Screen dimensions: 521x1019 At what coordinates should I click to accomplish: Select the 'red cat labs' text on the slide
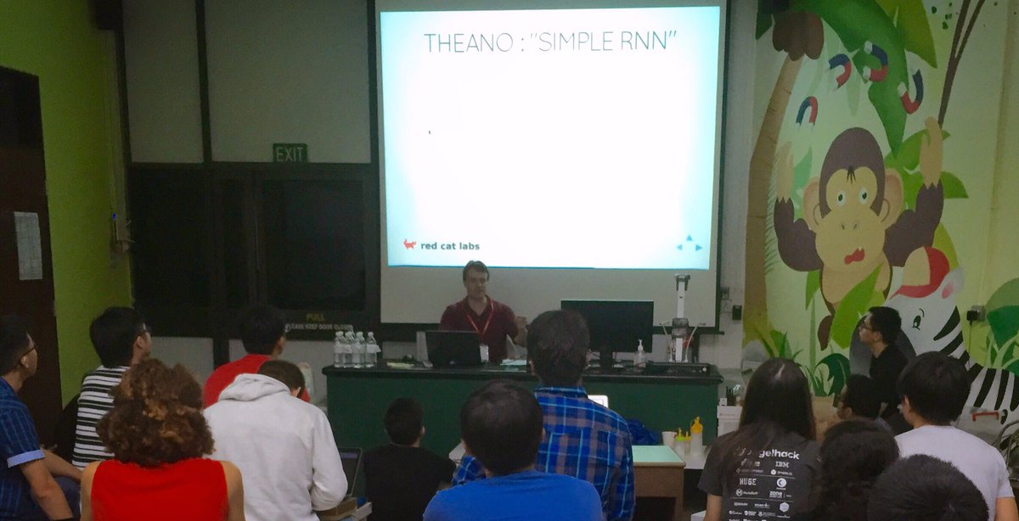point(449,246)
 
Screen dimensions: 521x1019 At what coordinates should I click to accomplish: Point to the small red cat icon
point(409,244)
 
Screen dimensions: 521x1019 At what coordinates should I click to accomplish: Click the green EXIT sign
point(290,153)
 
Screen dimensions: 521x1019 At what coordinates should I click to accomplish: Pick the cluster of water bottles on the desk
point(355,349)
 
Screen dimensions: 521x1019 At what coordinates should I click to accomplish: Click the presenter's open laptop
point(453,348)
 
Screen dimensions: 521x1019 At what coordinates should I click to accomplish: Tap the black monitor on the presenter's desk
point(606,327)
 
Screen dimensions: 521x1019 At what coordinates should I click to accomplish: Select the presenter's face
point(476,279)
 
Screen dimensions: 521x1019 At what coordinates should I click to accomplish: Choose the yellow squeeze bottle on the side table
point(696,434)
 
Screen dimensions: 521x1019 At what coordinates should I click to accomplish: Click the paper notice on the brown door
point(28,245)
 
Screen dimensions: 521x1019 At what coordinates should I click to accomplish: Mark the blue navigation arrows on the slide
point(689,244)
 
